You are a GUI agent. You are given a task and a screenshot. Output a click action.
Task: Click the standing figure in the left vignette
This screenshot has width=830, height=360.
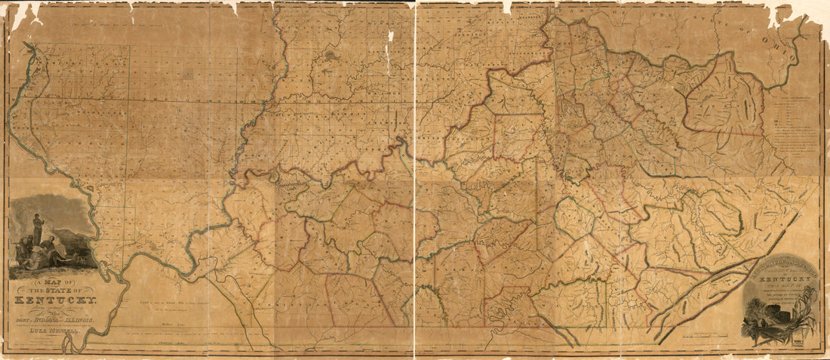pyautogui.click(x=36, y=226)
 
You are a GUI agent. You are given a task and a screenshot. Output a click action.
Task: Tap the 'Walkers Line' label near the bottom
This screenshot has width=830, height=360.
pyautogui.click(x=175, y=320)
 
